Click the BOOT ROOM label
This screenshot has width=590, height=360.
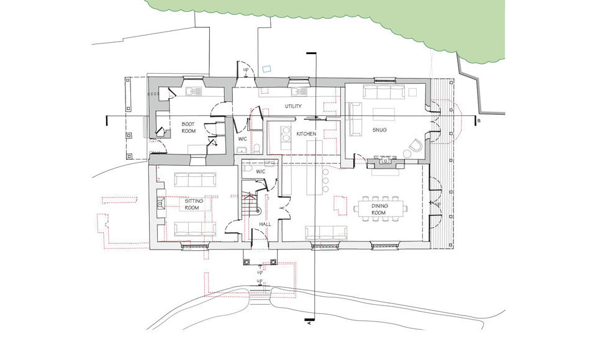pos(188,128)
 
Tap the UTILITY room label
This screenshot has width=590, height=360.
pos(293,106)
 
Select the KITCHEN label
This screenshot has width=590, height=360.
pos(307,134)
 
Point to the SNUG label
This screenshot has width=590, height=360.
pos(379,130)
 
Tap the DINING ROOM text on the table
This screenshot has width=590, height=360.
pos(379,209)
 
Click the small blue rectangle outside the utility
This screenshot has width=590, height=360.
pos(268,68)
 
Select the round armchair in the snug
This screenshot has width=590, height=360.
pos(415,146)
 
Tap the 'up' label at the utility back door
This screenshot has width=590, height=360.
pos(246,70)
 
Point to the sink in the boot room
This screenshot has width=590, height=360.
pos(190,92)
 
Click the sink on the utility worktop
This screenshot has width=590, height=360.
pos(299,92)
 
